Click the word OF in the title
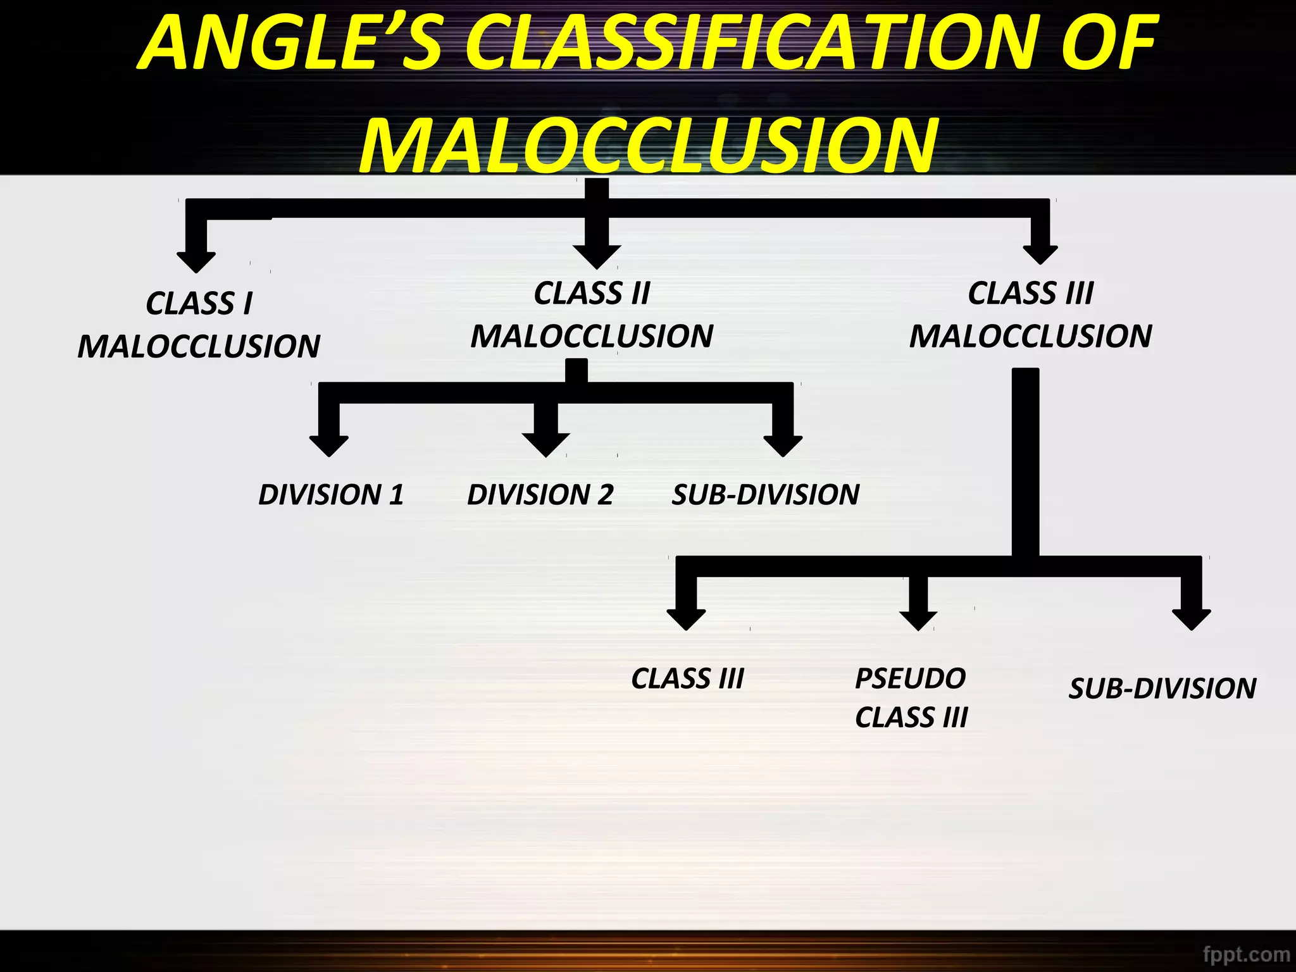(1109, 43)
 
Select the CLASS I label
(199, 303)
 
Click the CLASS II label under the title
(592, 293)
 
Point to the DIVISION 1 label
(331, 494)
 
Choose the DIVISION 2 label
(540, 494)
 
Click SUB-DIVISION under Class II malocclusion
(766, 494)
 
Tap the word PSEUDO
(910, 678)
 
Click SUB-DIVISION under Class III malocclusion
(1162, 688)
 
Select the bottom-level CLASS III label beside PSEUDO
(688, 678)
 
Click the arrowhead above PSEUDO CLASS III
(918, 620)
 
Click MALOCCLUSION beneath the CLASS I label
(199, 346)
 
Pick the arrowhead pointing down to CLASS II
(597, 256)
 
